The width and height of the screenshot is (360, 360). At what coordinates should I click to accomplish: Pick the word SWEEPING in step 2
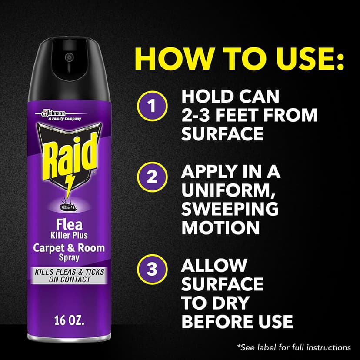point(230,209)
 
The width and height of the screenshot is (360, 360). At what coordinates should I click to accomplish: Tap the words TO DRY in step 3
point(215,303)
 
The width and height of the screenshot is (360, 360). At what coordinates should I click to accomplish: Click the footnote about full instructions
point(294,347)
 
